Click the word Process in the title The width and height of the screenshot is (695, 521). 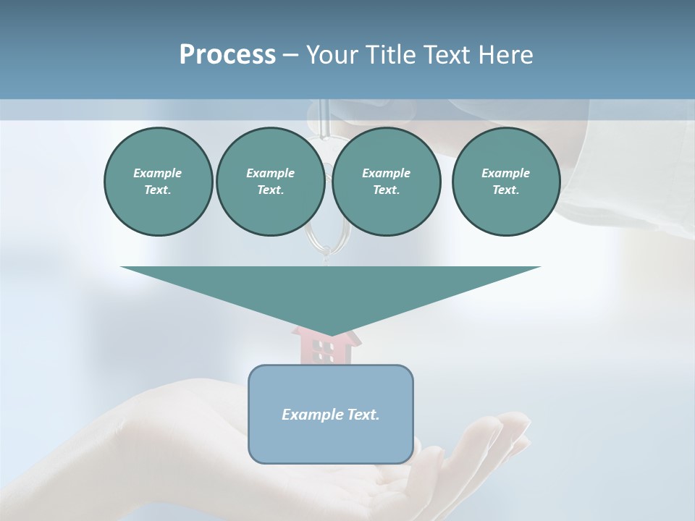click(227, 55)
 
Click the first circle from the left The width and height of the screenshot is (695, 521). click(158, 182)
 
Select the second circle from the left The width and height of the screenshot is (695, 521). click(270, 182)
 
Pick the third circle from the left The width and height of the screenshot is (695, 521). click(386, 182)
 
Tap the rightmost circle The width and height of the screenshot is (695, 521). click(505, 182)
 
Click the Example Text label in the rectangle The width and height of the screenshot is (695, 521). click(330, 415)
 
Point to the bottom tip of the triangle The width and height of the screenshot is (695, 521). click(330, 334)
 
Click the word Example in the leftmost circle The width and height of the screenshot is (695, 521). click(158, 173)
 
